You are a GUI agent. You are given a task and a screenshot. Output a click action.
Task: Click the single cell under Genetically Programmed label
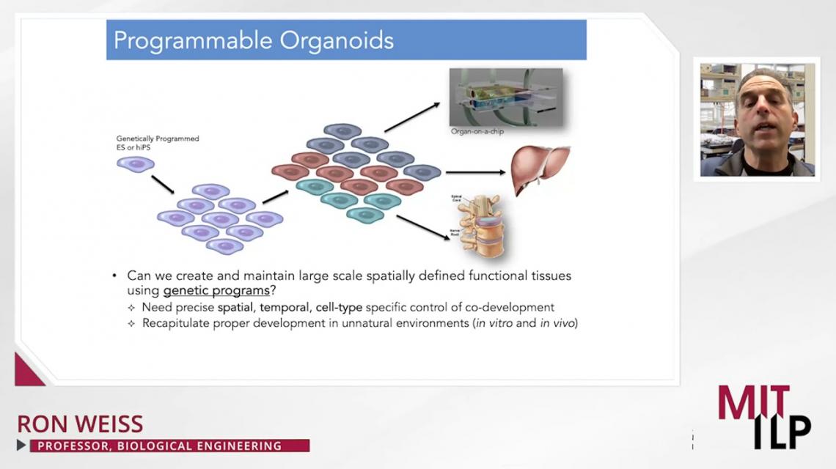[136, 164]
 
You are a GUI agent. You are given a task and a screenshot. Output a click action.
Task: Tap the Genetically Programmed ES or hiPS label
[158, 142]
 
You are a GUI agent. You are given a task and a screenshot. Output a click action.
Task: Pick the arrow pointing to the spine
[423, 226]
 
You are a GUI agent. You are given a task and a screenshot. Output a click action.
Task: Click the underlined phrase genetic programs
[216, 291]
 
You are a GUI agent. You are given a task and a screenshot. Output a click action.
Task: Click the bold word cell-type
[339, 307]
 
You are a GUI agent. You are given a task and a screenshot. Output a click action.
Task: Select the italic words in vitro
[493, 323]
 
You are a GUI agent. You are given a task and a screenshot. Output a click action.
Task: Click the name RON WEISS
[80, 424]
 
